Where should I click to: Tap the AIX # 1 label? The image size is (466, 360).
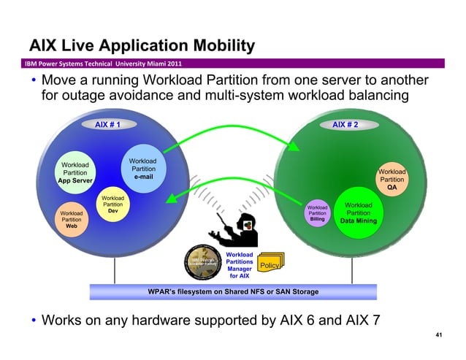tap(107, 125)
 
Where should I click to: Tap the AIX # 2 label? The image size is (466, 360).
tap(345, 125)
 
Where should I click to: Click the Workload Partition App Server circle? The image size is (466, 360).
tap(75, 172)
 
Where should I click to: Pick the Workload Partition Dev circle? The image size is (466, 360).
tap(112, 204)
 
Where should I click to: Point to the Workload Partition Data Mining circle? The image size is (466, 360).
tap(358, 212)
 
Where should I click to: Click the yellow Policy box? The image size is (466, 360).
tap(270, 265)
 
